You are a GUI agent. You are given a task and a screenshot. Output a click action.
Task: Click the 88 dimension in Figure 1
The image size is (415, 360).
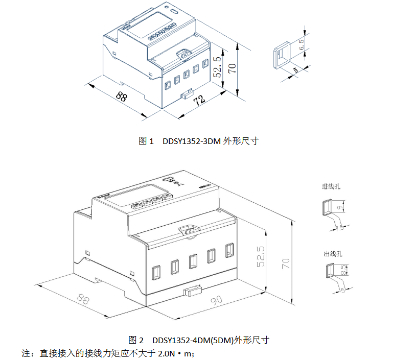click(122, 95)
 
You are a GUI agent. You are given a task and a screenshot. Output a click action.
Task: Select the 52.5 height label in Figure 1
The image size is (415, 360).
click(218, 67)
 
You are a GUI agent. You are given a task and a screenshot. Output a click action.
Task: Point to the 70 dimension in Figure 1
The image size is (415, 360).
click(233, 66)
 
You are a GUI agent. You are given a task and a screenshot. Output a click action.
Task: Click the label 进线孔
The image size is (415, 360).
click(331, 187)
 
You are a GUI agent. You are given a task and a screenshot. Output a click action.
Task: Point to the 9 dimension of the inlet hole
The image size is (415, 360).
click(339, 207)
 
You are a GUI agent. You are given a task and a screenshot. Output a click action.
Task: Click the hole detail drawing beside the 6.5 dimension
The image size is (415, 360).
click(282, 55)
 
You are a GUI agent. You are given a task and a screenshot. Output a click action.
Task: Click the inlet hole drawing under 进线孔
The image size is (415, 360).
click(326, 207)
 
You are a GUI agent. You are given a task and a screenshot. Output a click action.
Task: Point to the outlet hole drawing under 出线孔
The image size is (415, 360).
click(330, 270)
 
